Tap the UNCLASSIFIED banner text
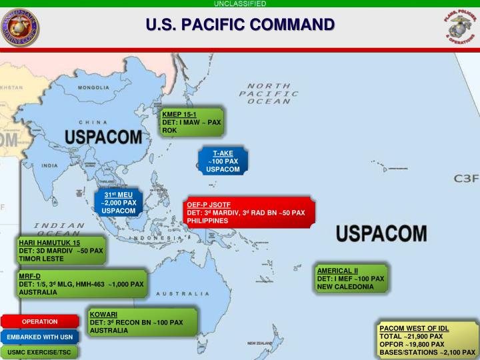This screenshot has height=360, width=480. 240,3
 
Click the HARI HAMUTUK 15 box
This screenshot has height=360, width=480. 61,251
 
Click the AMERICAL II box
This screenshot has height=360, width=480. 351,278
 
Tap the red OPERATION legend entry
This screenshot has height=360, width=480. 40,321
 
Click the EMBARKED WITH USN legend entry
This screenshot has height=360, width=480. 40,336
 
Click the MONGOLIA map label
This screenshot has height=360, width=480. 94,87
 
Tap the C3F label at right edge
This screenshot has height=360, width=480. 466,179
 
